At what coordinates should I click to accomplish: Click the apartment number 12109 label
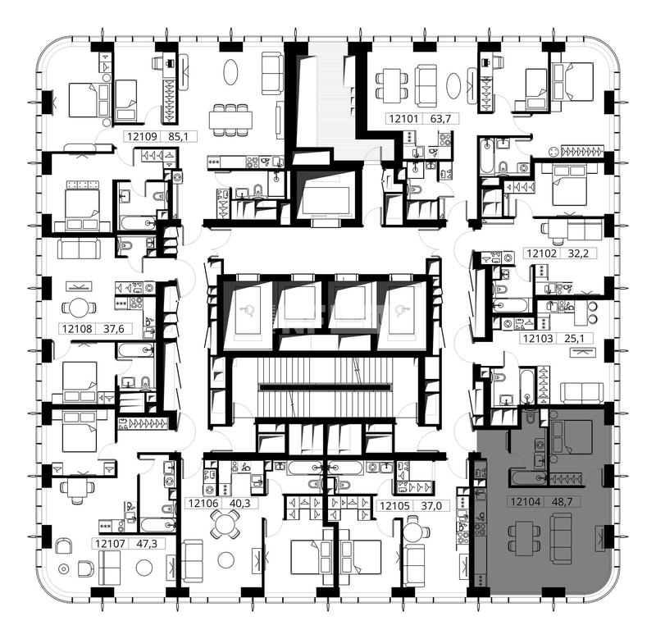pos(142,136)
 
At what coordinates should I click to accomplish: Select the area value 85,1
pos(178,136)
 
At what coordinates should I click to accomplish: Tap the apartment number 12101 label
pos(403,118)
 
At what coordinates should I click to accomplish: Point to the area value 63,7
pos(440,118)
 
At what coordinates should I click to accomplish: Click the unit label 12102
pos(541,253)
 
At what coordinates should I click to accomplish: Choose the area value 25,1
pos(575,338)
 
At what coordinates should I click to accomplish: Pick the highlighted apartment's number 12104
pos(526,501)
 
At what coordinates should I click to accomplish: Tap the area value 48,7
pos(562,501)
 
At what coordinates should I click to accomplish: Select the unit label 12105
pos(394,506)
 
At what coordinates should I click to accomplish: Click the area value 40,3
pos(240,503)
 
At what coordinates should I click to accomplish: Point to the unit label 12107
pos(110,544)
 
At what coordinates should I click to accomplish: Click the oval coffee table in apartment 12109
pos(231,71)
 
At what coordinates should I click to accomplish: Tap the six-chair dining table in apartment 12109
pos(231,120)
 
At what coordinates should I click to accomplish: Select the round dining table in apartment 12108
pos(79,308)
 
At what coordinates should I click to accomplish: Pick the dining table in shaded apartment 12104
pos(525,539)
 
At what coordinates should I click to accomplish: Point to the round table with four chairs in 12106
pos(225,523)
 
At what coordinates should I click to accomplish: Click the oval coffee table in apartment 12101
pos(453,86)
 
